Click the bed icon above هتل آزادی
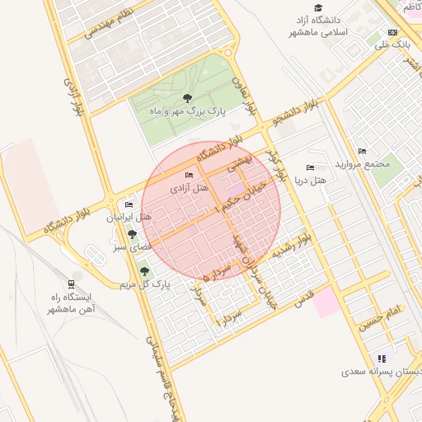coord(190,175)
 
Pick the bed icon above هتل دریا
coord(310,168)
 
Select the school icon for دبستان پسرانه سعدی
coord(381,359)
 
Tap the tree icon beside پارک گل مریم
coord(144,271)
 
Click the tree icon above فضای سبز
coord(132,235)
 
